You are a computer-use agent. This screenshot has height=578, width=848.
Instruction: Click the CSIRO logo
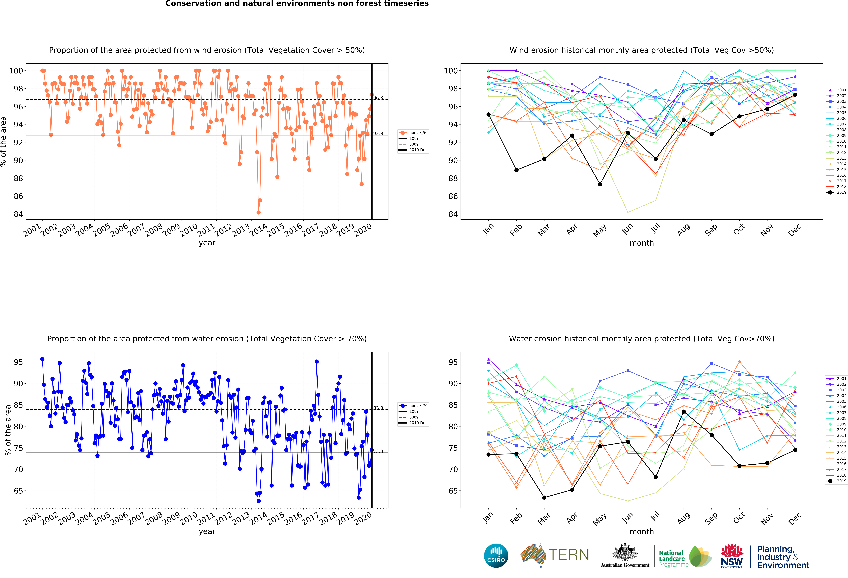click(496, 556)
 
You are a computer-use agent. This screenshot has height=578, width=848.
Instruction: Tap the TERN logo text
click(569, 555)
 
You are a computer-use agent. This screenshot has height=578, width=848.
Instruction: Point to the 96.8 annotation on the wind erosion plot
click(378, 98)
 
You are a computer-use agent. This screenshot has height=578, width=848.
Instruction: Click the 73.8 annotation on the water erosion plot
click(378, 451)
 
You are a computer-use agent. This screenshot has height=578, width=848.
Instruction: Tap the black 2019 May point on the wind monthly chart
click(600, 184)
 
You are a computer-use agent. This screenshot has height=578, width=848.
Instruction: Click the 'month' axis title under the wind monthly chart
click(641, 243)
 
